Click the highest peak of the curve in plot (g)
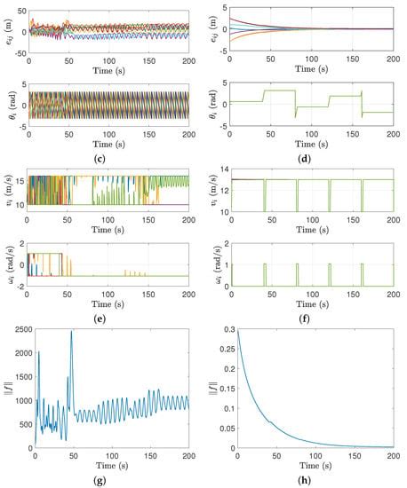tap(71, 331)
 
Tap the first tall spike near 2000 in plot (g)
tap(38, 352)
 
